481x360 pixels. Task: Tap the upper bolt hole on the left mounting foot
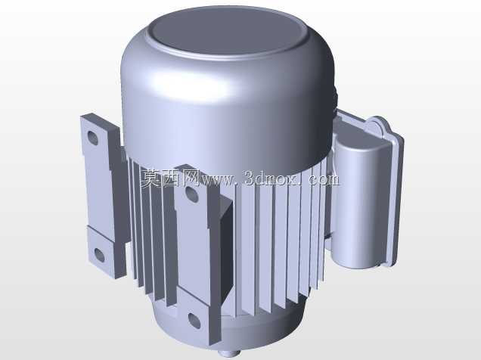click(x=92, y=138)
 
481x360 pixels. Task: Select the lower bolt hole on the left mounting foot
click(x=99, y=255)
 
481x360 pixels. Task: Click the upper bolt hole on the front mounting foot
click(x=192, y=194)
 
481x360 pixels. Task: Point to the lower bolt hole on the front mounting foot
click(x=194, y=321)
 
